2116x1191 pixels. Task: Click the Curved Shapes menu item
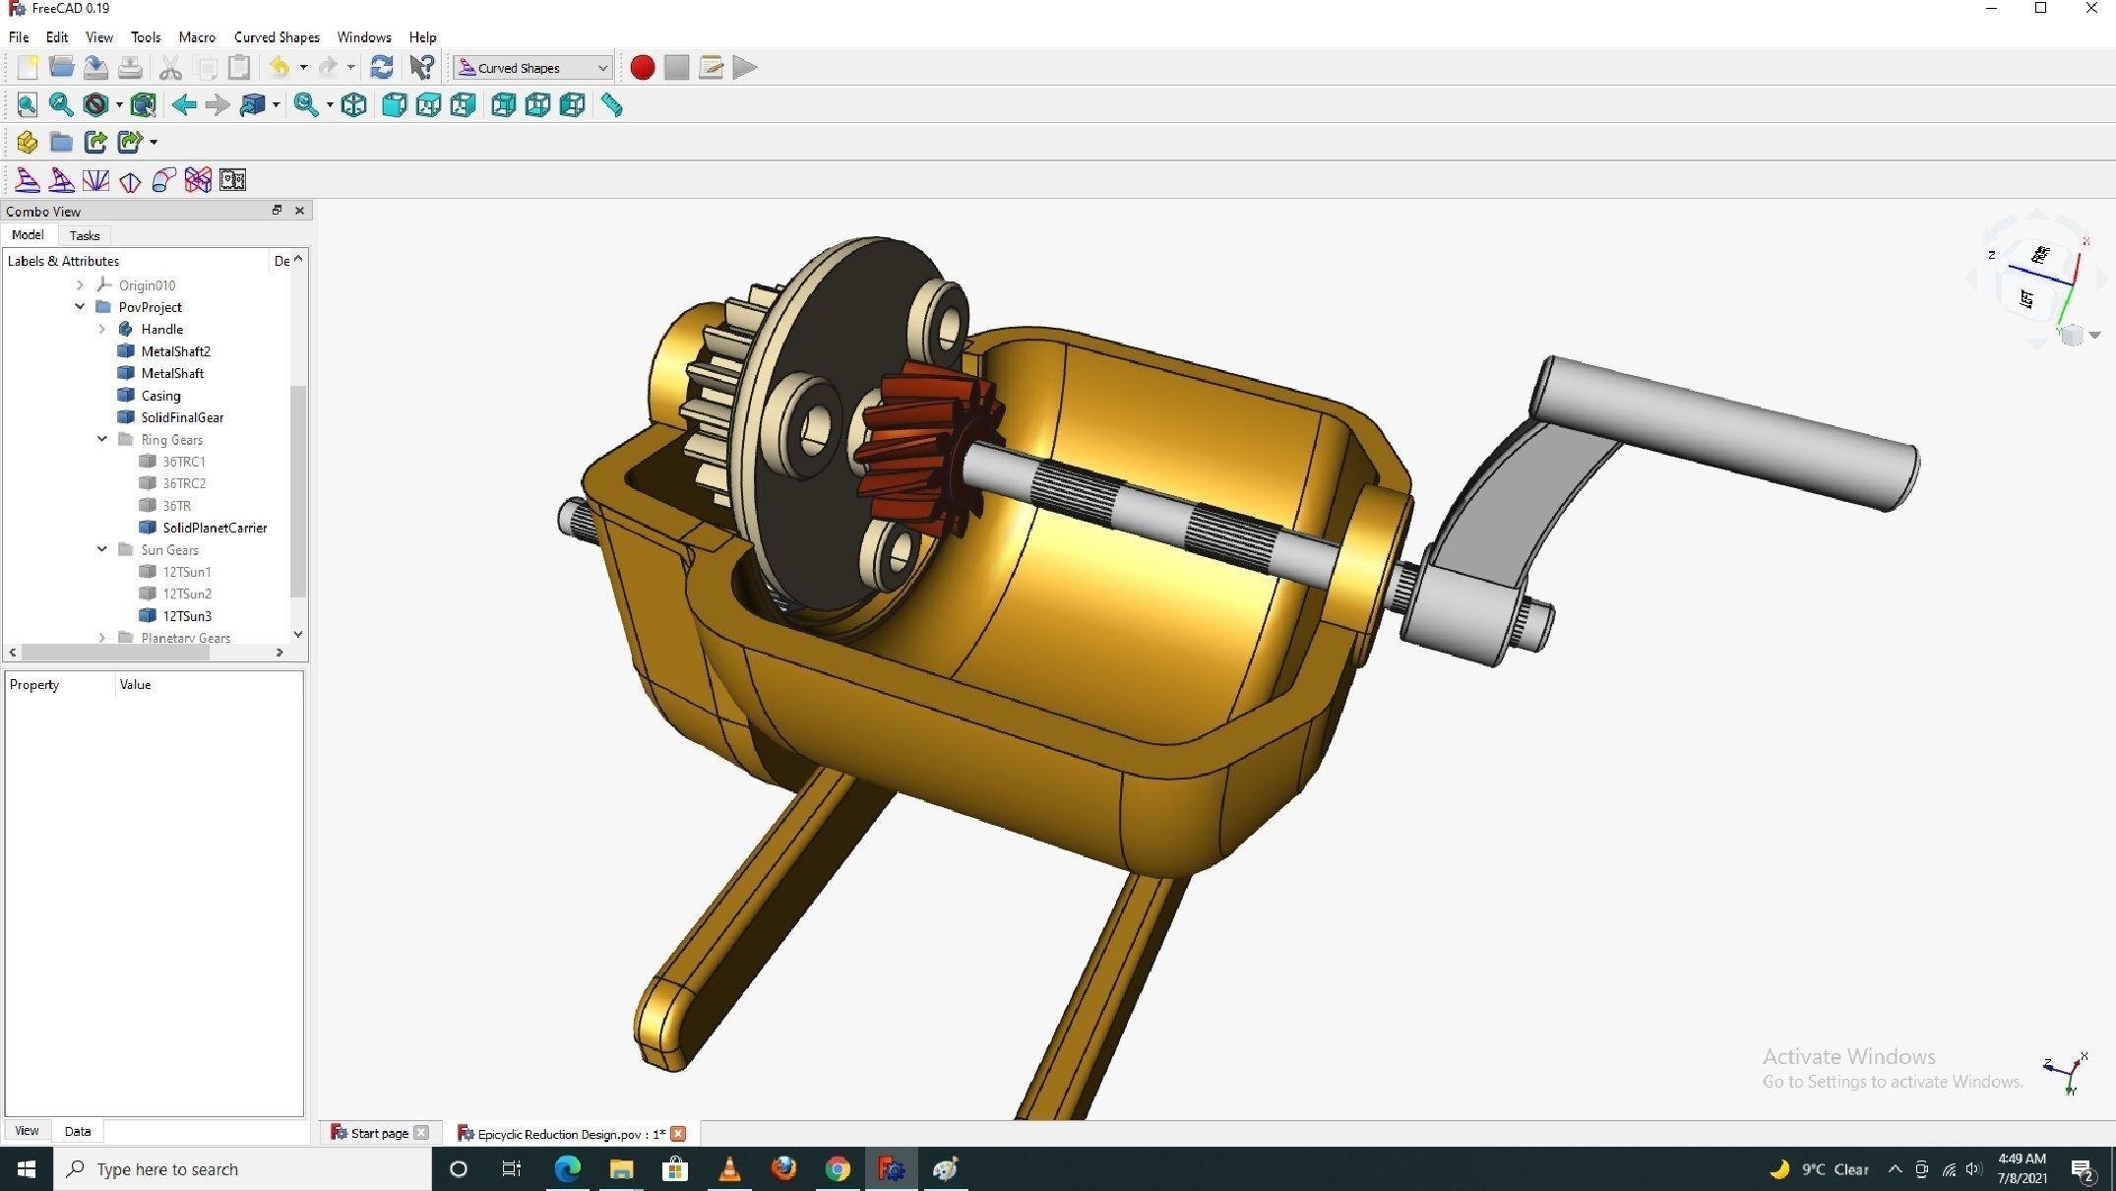(277, 37)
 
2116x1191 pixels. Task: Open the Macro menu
(197, 37)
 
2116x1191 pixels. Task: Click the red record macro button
(642, 68)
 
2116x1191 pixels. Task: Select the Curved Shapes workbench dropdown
(532, 68)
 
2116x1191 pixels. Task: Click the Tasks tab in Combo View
(85, 236)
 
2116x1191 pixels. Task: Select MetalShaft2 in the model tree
(175, 351)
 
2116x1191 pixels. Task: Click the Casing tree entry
(160, 396)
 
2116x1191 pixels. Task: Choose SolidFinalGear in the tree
(182, 417)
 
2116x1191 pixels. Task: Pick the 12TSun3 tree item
(187, 616)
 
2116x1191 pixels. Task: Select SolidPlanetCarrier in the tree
(215, 528)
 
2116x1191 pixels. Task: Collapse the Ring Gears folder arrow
(102, 440)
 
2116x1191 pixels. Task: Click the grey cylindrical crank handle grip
(1722, 433)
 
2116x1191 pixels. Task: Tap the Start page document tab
(379, 1134)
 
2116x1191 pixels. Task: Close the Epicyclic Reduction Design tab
(678, 1134)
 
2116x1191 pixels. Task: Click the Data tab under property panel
(78, 1131)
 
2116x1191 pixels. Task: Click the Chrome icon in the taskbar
(838, 1169)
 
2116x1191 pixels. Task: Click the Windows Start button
(27, 1169)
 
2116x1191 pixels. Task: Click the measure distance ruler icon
(611, 105)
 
